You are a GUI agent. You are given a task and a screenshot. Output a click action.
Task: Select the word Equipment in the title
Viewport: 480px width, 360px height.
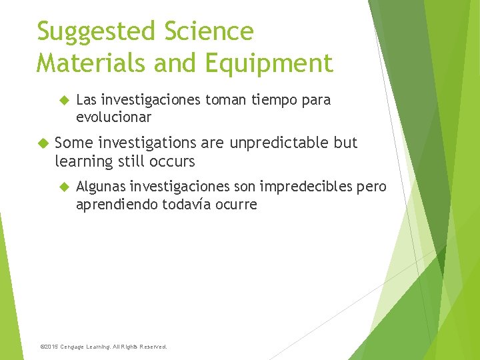coord(270,63)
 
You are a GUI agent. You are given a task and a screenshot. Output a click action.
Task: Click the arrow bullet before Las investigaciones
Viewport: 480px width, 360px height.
coord(64,101)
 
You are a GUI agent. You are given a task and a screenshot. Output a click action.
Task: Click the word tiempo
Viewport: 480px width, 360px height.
coord(261,100)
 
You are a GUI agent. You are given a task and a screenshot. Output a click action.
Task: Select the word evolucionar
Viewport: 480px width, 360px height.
coord(113,117)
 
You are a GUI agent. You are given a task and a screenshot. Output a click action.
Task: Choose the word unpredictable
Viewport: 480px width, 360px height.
coord(285,143)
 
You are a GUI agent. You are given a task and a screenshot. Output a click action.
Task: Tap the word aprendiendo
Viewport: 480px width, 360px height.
coord(117,204)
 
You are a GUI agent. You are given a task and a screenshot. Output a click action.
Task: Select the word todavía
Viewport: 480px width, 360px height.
coord(187,204)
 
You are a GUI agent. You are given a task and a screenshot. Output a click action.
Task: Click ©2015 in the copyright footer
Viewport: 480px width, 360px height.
coord(50,347)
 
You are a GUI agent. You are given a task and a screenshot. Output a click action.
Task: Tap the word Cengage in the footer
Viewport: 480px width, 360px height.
coord(75,347)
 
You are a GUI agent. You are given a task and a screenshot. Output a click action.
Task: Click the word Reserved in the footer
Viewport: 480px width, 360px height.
coord(152,347)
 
